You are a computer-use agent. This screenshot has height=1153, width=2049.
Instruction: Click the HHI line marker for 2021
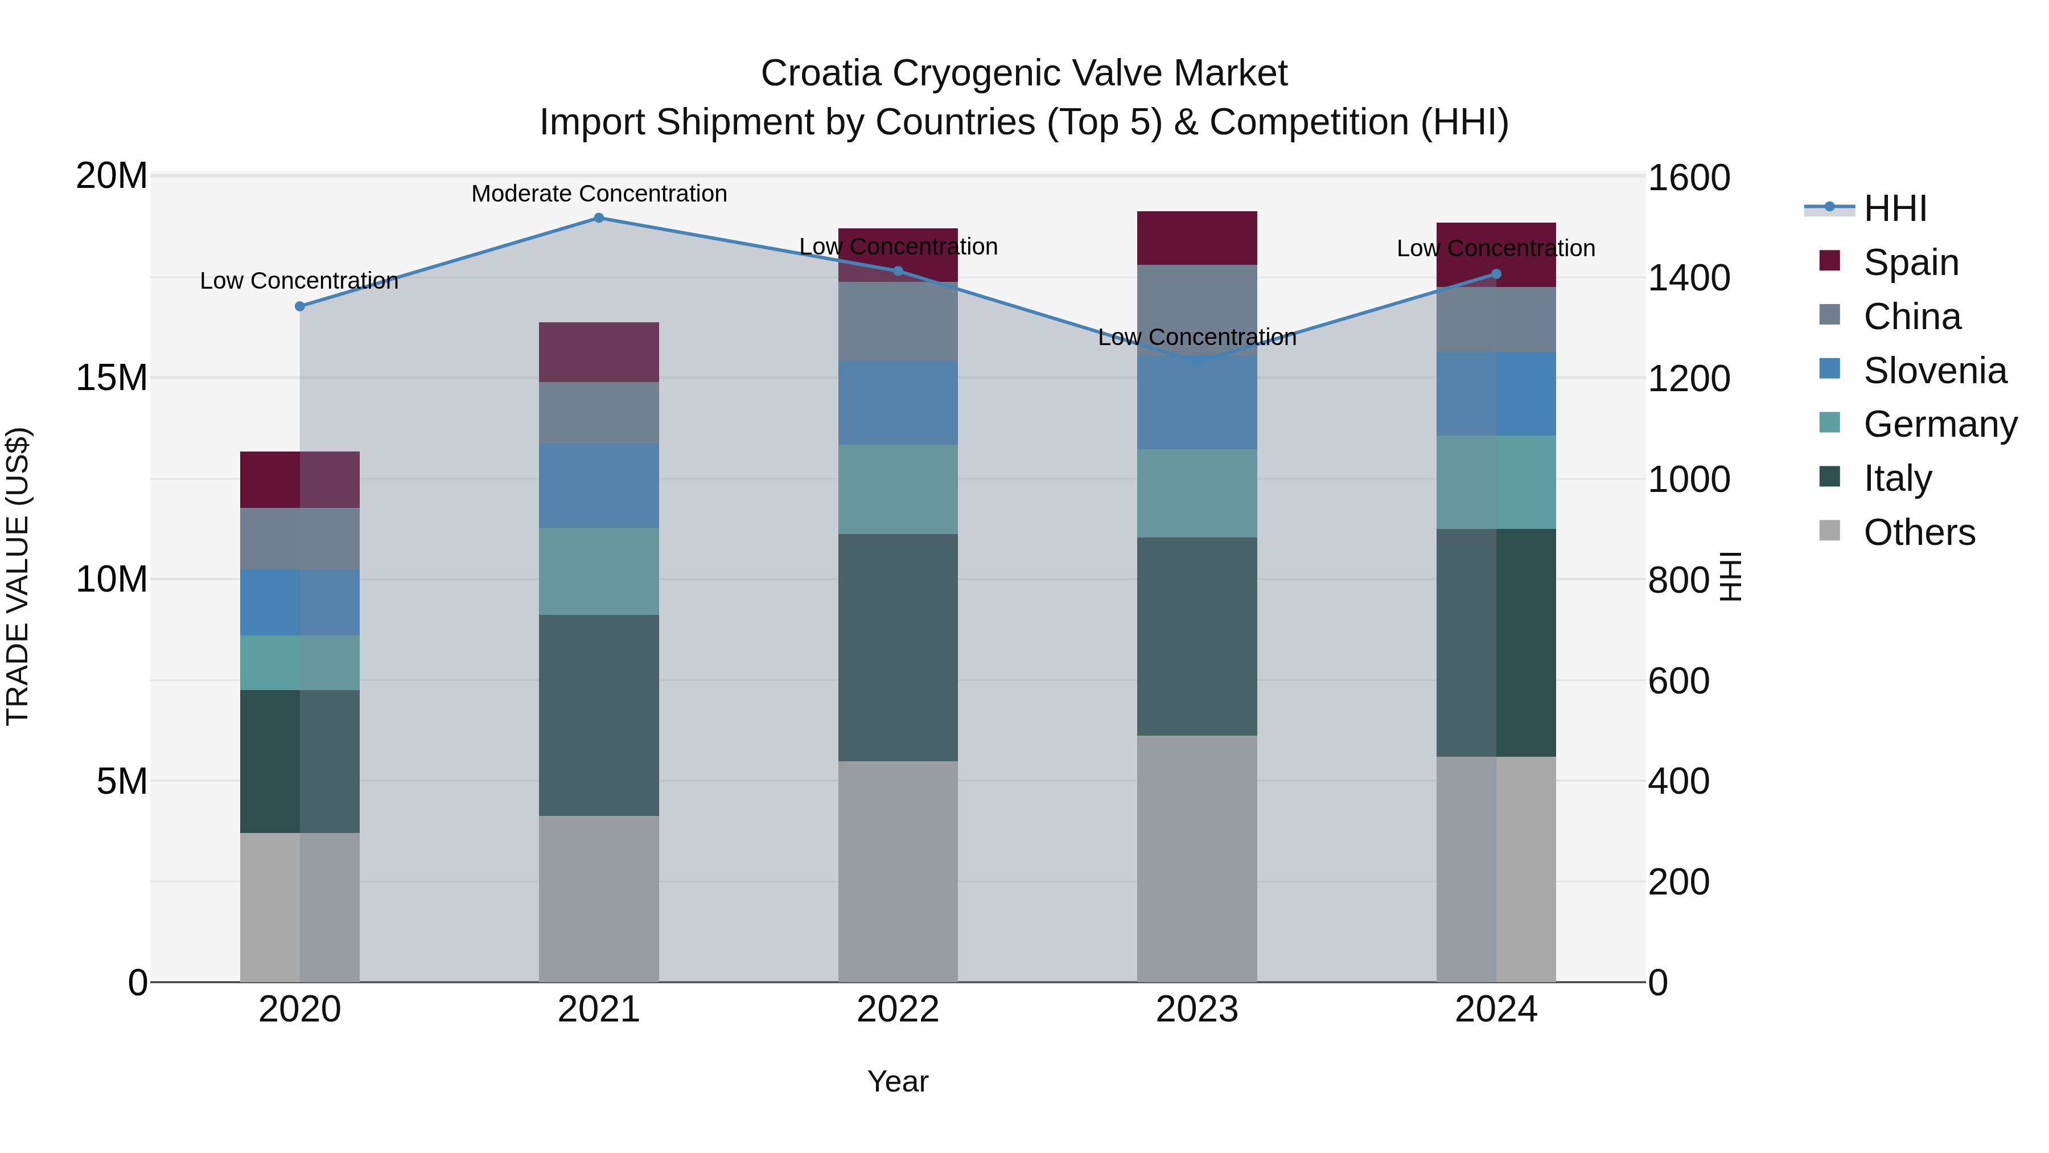pyautogui.click(x=599, y=218)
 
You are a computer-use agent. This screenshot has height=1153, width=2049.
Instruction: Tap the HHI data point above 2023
pyautogui.click(x=1197, y=361)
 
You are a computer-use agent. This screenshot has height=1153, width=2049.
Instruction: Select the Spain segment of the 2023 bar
pyautogui.click(x=1197, y=238)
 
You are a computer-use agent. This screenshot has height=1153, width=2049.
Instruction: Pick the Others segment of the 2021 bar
pyautogui.click(x=599, y=898)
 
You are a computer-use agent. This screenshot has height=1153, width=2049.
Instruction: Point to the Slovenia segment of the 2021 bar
pyautogui.click(x=599, y=485)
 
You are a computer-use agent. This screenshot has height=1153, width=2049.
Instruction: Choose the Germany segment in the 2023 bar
pyautogui.click(x=1197, y=493)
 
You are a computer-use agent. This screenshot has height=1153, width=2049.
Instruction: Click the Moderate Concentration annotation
pyautogui.click(x=599, y=194)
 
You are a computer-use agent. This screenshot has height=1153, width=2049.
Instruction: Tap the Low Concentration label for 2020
pyautogui.click(x=299, y=281)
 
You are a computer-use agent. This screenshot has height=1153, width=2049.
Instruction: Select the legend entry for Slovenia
pyautogui.click(x=1935, y=371)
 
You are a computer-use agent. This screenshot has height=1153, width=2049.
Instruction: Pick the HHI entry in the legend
pyautogui.click(x=1895, y=208)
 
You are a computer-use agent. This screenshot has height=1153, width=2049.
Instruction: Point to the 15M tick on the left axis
pyautogui.click(x=112, y=377)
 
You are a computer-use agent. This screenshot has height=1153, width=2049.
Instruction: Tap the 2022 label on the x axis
pyautogui.click(x=898, y=1010)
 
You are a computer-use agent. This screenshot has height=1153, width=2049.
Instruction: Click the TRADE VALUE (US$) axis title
pyautogui.click(x=18, y=576)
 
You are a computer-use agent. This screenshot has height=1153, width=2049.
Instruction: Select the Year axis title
pyautogui.click(x=898, y=1081)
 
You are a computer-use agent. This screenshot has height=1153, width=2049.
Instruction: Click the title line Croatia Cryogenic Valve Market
pyautogui.click(x=1024, y=73)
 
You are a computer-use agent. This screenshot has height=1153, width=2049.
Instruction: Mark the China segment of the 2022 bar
pyautogui.click(x=898, y=322)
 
